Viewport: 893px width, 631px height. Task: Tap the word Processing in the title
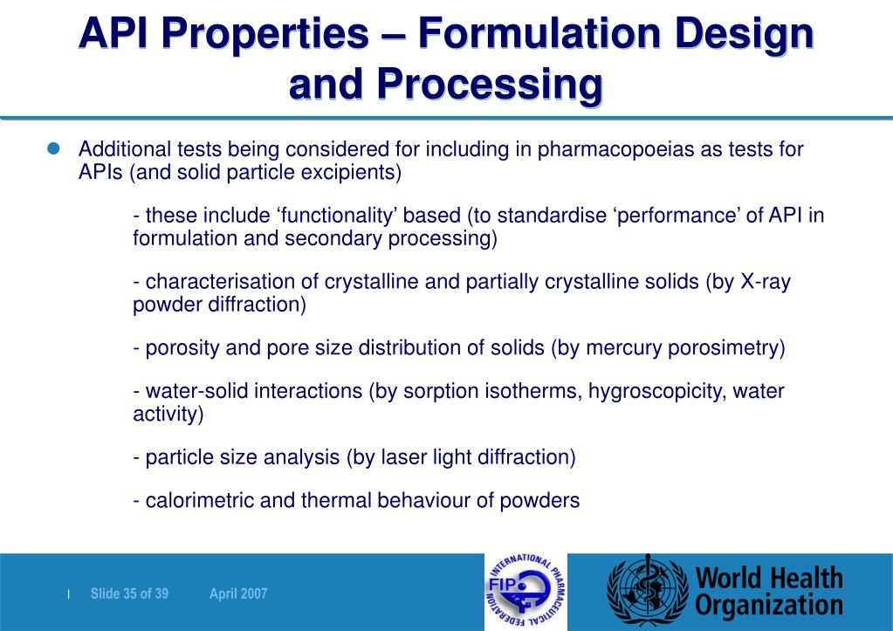(490, 86)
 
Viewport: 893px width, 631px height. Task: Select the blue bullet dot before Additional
(52, 148)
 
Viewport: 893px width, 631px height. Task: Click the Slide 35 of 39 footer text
(129, 594)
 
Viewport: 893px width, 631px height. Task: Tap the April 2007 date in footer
(238, 594)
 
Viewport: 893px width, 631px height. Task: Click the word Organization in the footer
(769, 606)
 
